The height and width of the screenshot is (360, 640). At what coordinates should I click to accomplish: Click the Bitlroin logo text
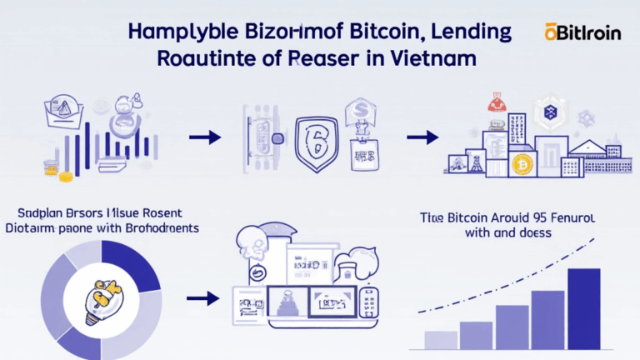click(x=583, y=32)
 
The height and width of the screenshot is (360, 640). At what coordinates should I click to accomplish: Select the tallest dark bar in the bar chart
click(x=582, y=308)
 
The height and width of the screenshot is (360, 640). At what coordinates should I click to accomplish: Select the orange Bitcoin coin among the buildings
click(x=522, y=162)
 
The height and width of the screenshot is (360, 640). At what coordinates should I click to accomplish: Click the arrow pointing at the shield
click(x=204, y=136)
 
